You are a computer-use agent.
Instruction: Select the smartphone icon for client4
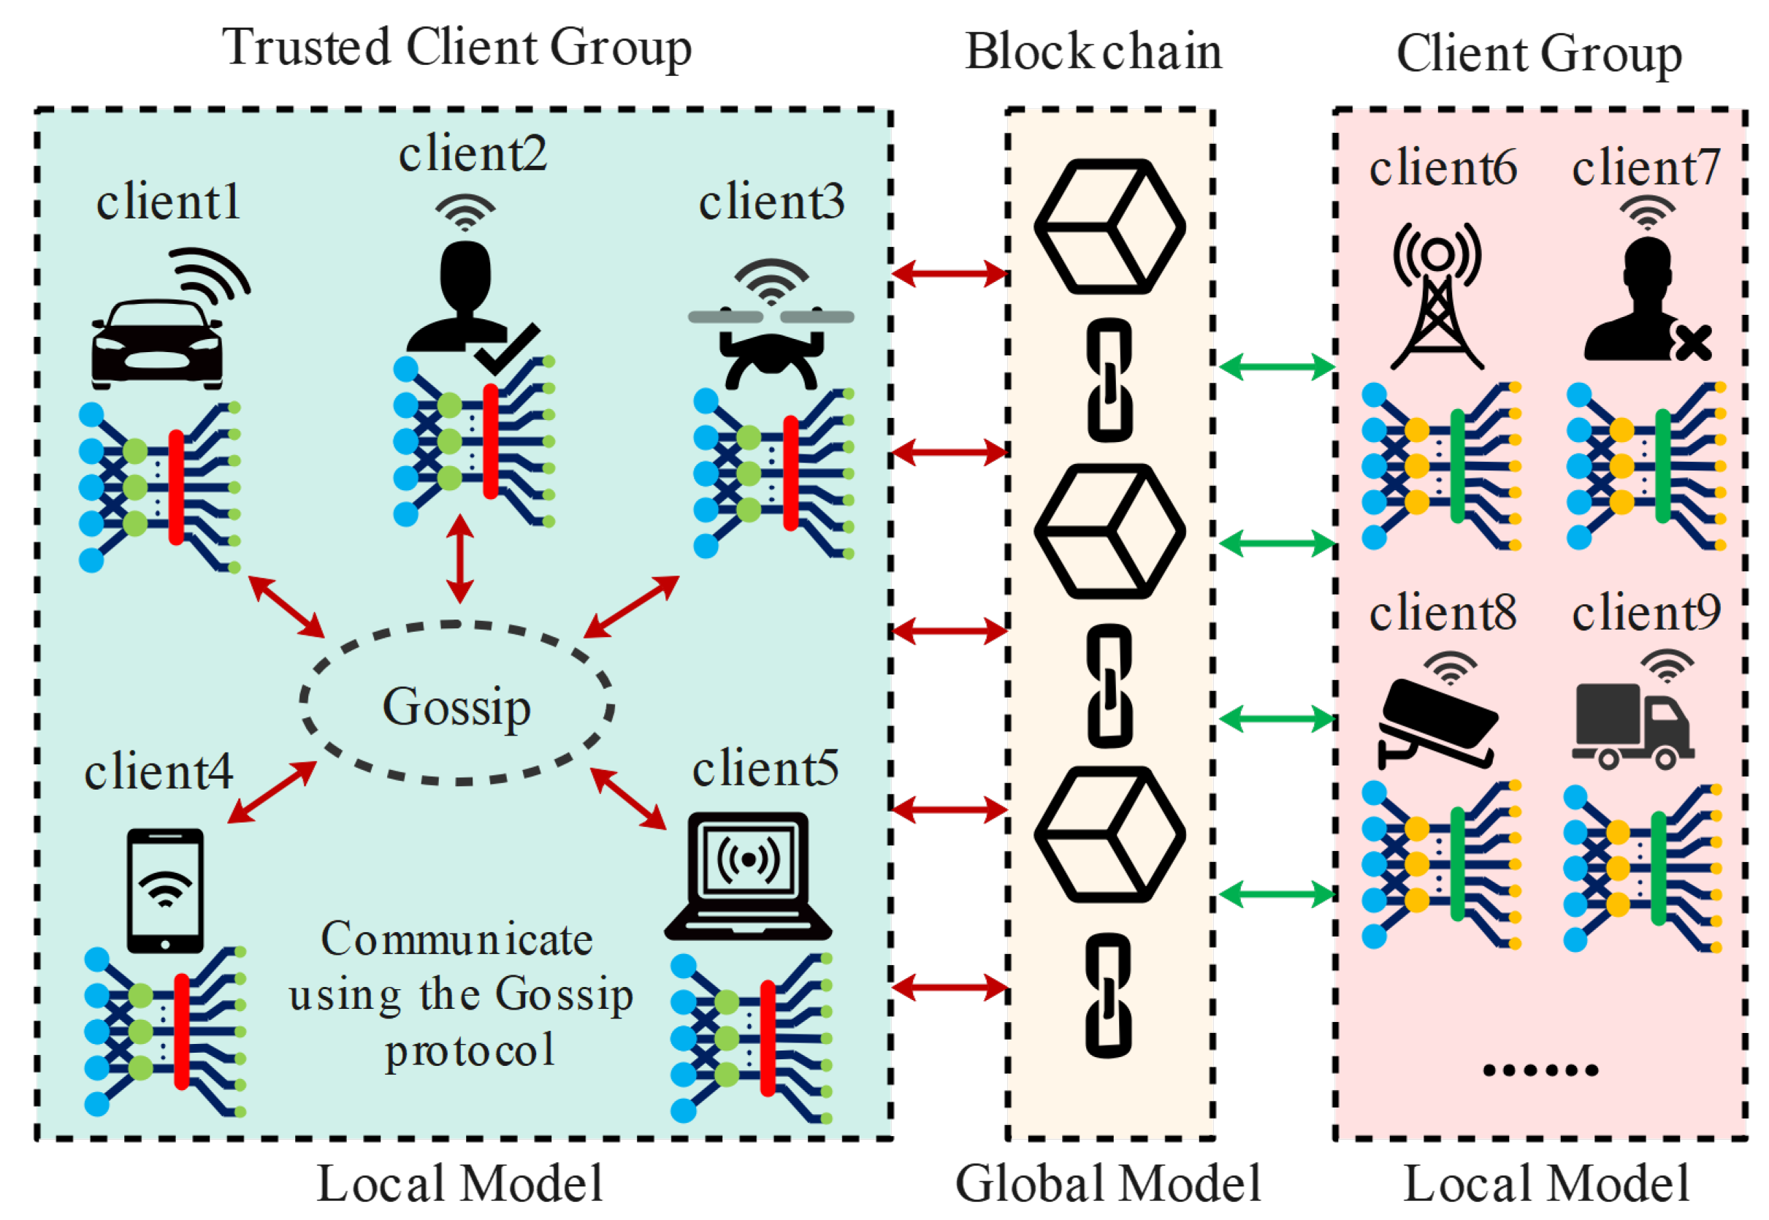coord(165,891)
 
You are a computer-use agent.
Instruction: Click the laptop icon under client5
coord(748,876)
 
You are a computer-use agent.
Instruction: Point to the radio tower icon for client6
coord(1437,297)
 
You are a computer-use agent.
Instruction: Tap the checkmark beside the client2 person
coord(507,348)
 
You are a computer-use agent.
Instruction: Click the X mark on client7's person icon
coord(1692,343)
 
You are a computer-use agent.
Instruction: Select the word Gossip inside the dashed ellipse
coord(456,707)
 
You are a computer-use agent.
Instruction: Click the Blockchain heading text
coord(1093,51)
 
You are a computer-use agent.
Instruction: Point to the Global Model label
coord(1108,1183)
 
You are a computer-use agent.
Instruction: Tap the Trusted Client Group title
coord(457,47)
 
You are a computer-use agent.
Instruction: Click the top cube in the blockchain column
coord(1109,226)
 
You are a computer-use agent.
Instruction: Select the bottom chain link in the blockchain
coord(1109,995)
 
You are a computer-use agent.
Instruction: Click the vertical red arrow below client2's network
coord(459,559)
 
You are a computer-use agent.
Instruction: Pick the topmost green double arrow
coord(1277,367)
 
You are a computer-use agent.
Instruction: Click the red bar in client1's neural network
coord(177,487)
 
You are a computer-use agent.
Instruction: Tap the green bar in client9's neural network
coord(1658,869)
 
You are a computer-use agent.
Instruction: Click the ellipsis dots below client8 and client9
coord(1540,1070)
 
